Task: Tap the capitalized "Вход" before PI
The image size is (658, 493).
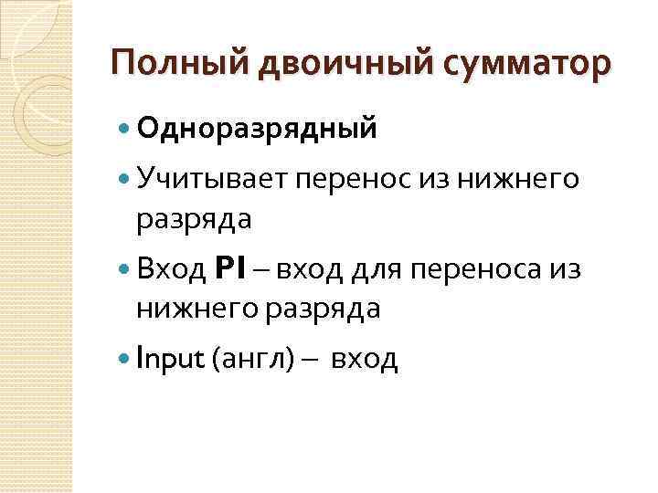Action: click(171, 269)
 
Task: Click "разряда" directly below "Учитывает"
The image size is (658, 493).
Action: click(194, 220)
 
